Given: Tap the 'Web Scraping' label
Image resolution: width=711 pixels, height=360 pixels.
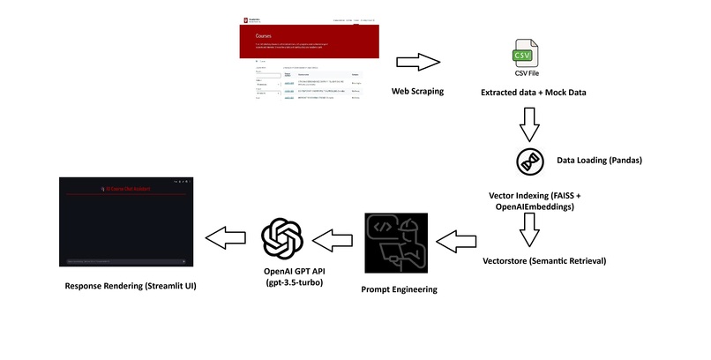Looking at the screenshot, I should (x=417, y=92).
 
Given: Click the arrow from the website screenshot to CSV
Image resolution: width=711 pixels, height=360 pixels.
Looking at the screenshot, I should (x=417, y=63).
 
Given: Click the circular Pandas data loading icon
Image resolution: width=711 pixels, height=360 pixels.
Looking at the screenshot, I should (x=529, y=161).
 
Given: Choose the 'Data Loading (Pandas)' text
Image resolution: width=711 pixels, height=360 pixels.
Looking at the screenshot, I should (x=599, y=161).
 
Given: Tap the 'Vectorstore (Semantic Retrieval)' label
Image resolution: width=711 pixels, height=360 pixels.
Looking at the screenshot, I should (x=544, y=262).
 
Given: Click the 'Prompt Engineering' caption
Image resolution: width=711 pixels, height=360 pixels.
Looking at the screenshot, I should (x=400, y=289).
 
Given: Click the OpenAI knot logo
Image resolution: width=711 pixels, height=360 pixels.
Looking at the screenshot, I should (x=283, y=236).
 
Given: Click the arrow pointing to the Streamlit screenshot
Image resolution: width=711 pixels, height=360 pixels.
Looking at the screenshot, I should (x=227, y=236).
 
